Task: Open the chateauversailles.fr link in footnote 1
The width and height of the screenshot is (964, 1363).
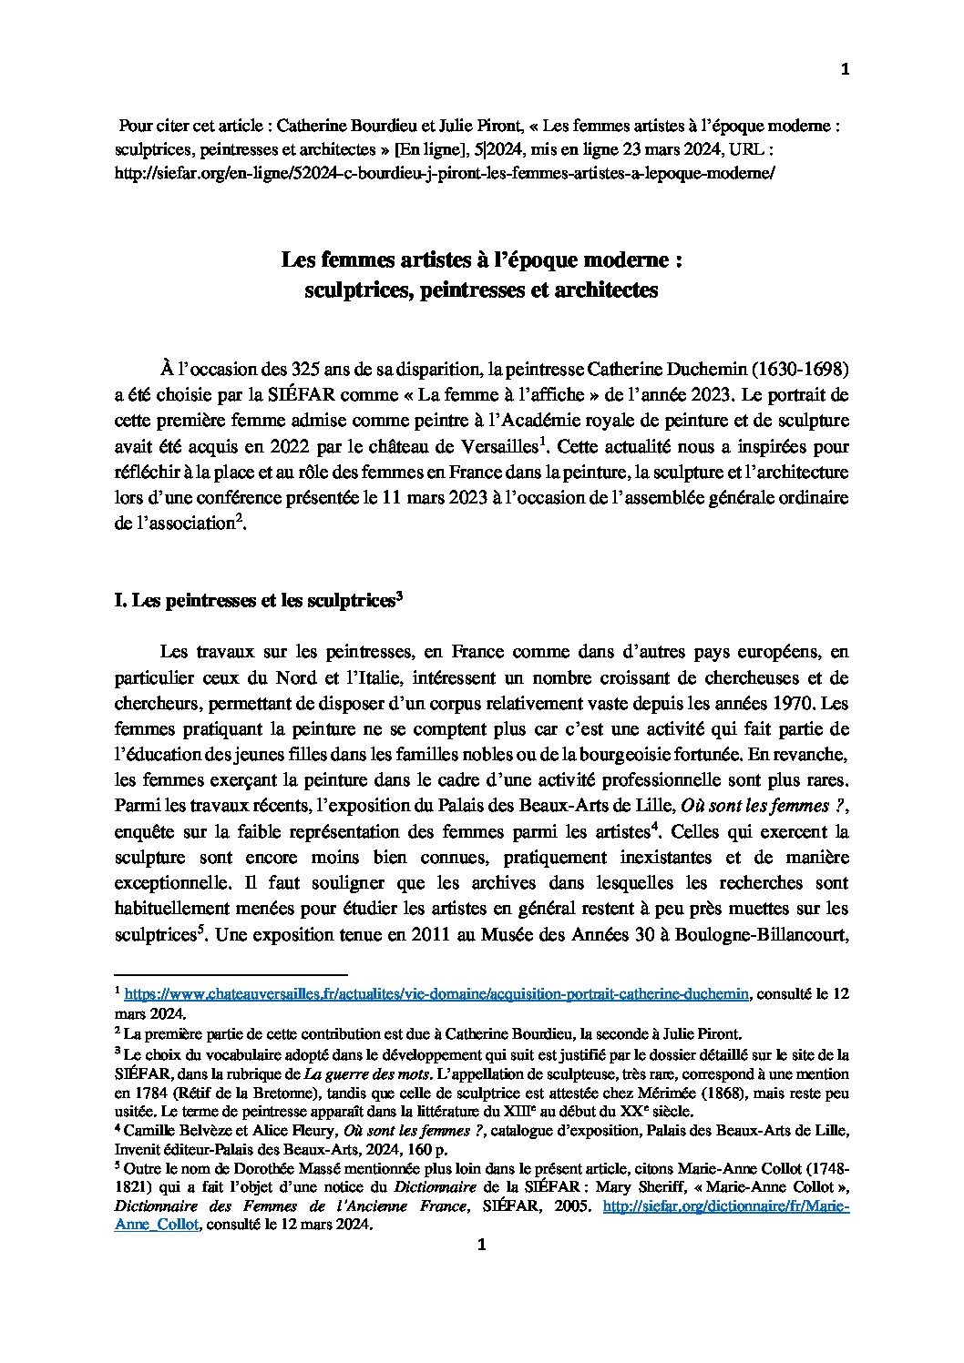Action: point(436,996)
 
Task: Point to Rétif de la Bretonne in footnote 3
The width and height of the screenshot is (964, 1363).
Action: point(236,1093)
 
